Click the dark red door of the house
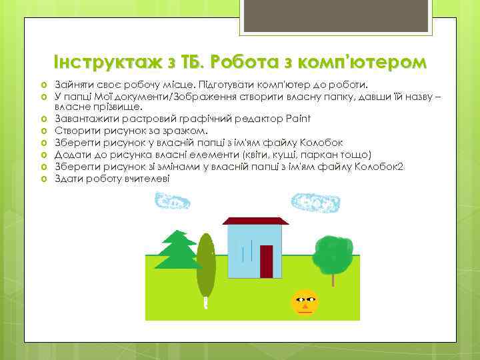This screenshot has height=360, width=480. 267,261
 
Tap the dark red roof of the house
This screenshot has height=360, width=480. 255,220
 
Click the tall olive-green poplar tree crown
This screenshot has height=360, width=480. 205,263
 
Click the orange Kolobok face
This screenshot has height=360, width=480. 305,303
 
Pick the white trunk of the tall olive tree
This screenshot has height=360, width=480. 205,303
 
